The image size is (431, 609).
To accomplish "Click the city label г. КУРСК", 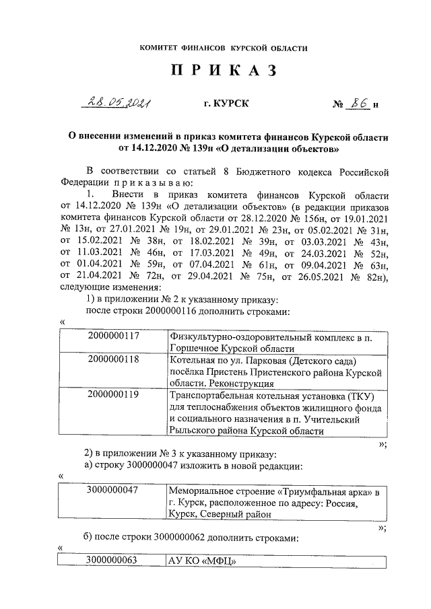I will click(x=226, y=105).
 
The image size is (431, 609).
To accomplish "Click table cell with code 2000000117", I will click(x=113, y=335).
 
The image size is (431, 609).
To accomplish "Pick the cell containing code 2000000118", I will click(x=113, y=360).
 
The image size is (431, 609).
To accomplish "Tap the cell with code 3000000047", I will click(x=113, y=490).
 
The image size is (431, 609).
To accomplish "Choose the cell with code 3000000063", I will click(x=113, y=561).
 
